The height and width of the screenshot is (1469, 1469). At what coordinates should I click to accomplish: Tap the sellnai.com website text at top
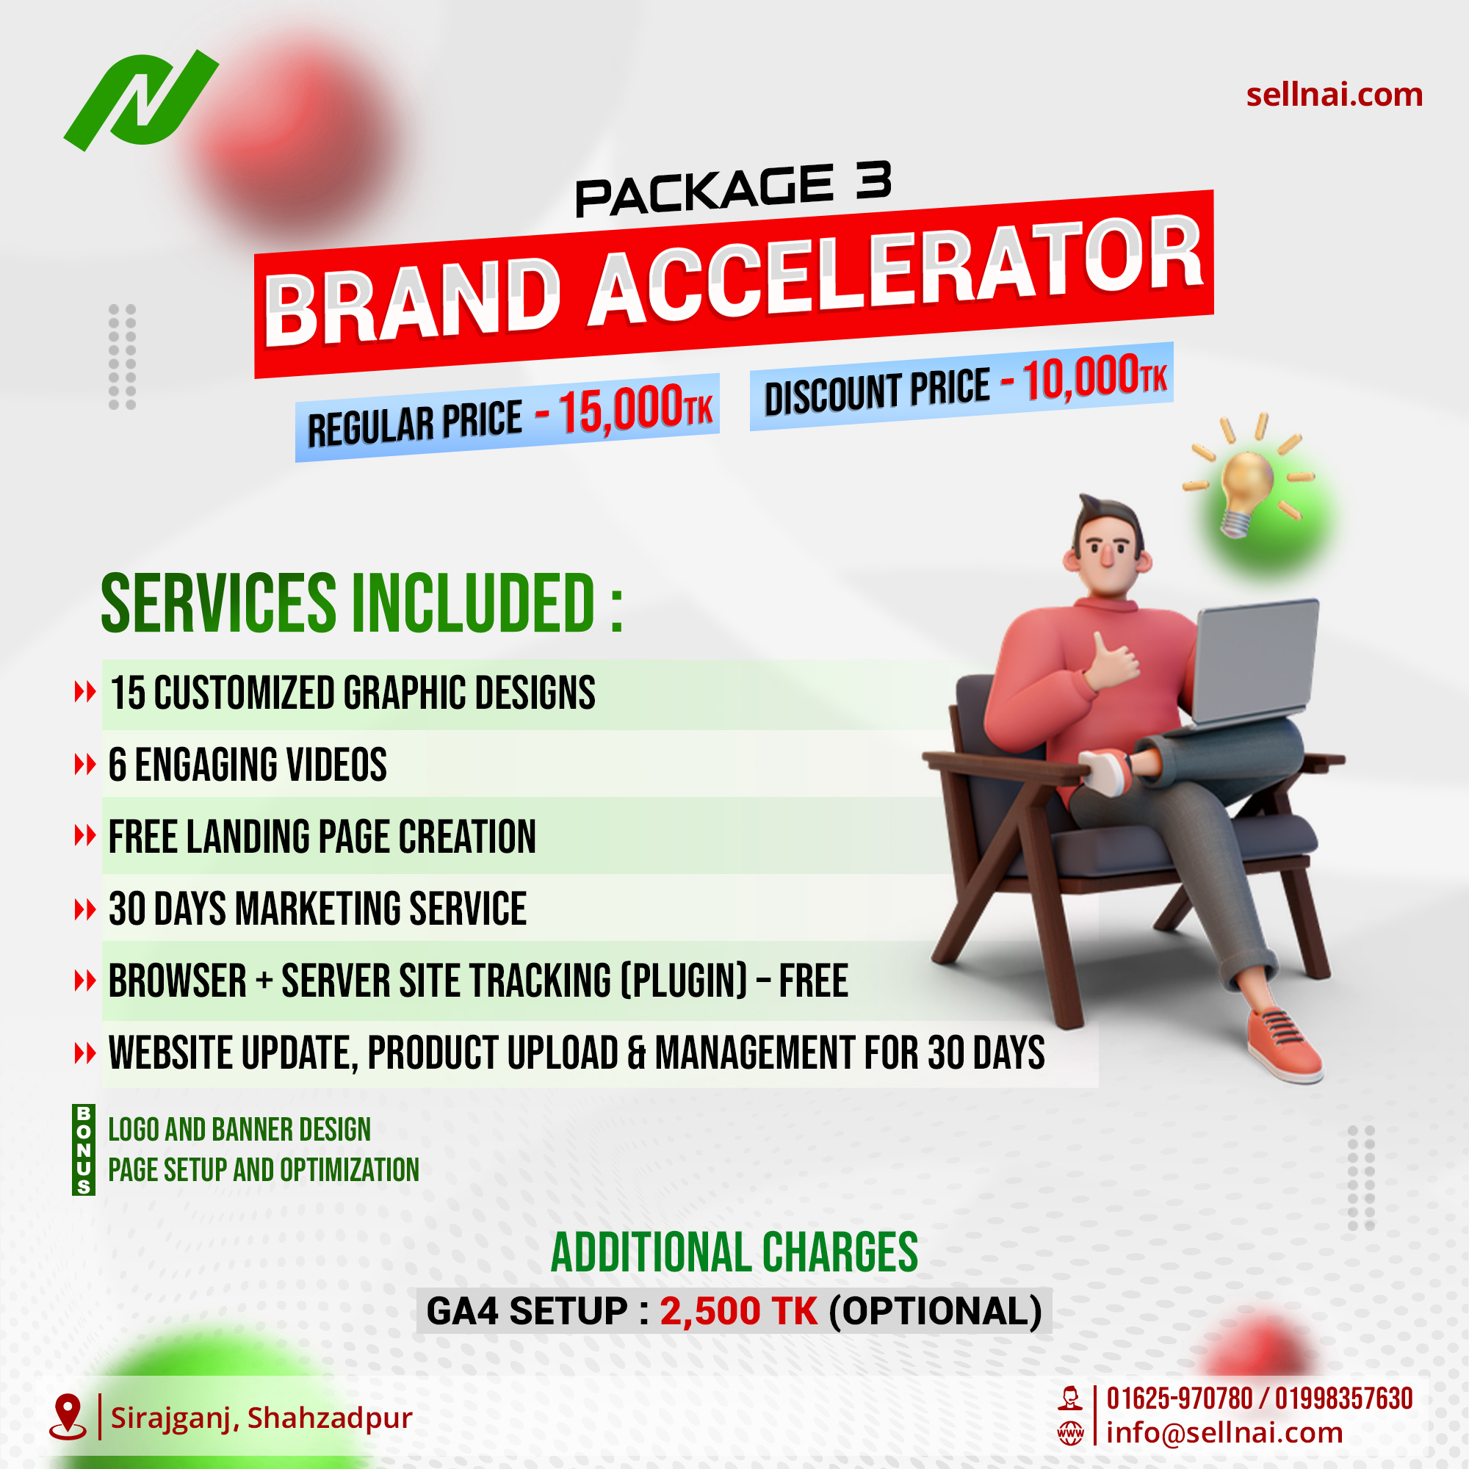[x=1334, y=95]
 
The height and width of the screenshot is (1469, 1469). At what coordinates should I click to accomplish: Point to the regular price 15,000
[x=621, y=411]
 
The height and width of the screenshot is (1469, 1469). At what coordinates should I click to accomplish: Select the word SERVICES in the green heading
[x=218, y=604]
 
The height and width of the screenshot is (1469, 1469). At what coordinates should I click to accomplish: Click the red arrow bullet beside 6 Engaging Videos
[x=84, y=764]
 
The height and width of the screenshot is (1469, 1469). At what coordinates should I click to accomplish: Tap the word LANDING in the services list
[x=248, y=837]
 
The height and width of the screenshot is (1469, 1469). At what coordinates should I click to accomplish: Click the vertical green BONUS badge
[x=84, y=1149]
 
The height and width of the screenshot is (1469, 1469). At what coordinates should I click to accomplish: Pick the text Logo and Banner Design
[x=239, y=1130]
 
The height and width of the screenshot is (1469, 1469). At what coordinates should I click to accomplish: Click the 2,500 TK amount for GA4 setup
[x=737, y=1311]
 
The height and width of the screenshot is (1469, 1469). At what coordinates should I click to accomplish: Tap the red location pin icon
[x=68, y=1416]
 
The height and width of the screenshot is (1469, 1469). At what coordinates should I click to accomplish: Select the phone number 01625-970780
[x=1179, y=1399]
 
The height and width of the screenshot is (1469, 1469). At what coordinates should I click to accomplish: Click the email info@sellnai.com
[x=1224, y=1432]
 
